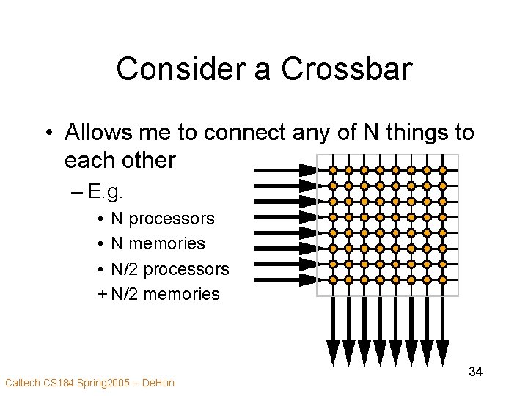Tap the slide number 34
(475, 372)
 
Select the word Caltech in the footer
(23, 382)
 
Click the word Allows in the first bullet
(96, 133)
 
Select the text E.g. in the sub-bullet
(106, 193)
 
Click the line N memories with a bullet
(158, 243)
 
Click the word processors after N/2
(186, 269)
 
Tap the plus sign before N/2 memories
(102, 294)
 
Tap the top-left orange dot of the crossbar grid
(333, 170)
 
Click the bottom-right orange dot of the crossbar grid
(442, 279)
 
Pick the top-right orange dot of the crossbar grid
(442, 170)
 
